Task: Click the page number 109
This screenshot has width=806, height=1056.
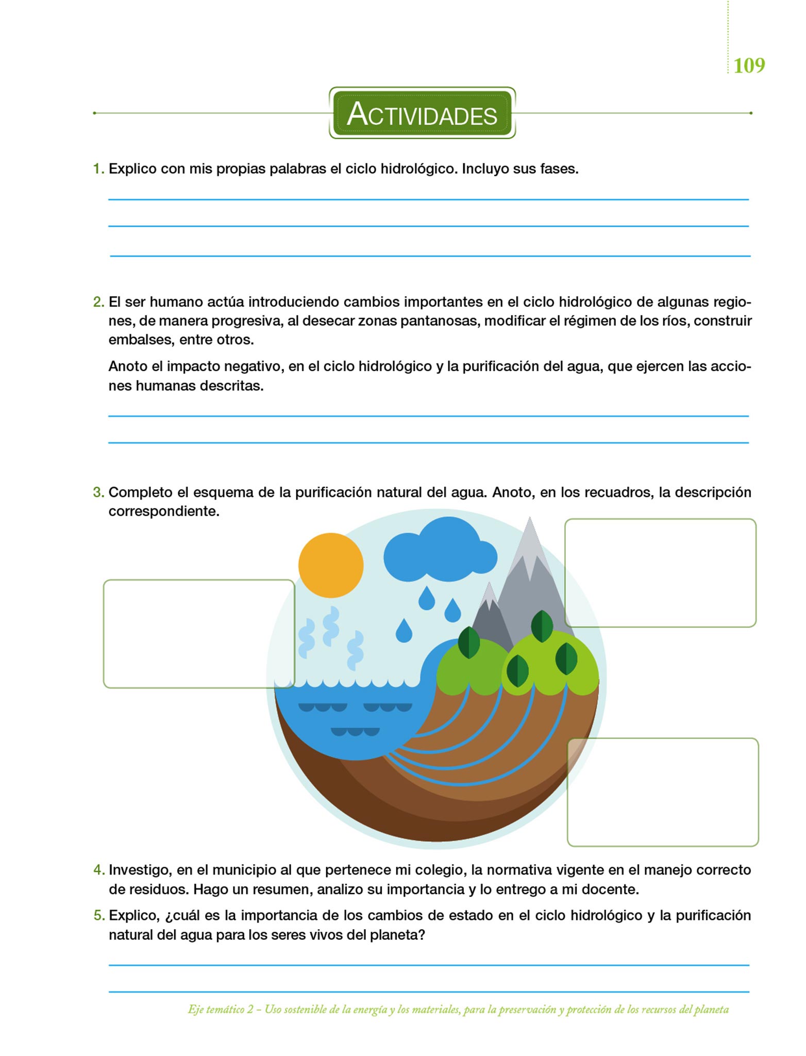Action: point(749,65)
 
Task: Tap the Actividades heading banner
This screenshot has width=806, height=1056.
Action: point(422,113)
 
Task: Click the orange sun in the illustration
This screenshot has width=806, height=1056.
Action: point(331,565)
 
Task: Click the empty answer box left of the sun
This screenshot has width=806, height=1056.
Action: point(199,634)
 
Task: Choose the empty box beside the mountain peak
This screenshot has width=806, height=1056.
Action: point(660,573)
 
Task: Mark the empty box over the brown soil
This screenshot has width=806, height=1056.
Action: point(663,792)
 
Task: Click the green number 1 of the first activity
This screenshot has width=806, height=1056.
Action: point(98,169)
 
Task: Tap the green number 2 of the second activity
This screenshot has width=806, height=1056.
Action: point(98,302)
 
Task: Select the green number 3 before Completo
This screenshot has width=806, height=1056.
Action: point(98,492)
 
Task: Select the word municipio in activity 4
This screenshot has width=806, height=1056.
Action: point(244,870)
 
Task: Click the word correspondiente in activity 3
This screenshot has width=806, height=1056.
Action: point(164,511)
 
